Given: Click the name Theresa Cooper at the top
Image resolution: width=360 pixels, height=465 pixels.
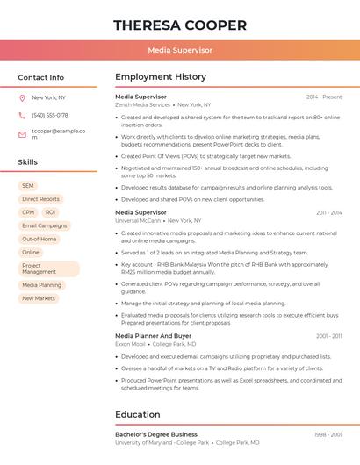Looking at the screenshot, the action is coord(180,25).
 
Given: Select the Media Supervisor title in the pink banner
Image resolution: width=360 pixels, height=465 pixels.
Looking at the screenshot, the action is coord(180,51).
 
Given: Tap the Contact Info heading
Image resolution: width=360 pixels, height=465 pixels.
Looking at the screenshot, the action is coord(41,77).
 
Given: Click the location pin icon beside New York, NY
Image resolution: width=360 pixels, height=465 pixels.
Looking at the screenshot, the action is coord(22,97).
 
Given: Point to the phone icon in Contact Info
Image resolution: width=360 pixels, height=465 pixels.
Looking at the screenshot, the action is coord(22,116).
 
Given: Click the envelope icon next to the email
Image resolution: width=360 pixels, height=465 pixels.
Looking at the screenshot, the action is coord(22,134).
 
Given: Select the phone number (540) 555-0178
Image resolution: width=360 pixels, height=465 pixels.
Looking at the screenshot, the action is coord(50,116).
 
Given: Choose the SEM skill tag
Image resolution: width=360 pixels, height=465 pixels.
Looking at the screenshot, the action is coord(28,186).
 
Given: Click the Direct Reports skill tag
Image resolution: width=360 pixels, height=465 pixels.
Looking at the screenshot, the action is coord(40,199).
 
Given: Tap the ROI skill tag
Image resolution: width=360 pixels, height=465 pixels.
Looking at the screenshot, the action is coord(50,212).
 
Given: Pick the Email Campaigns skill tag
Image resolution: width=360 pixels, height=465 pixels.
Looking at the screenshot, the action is coord(45,225).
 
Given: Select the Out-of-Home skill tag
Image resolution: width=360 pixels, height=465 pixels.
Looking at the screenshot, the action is coord(39,239).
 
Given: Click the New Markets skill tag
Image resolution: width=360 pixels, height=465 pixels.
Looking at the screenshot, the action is coord(39,298).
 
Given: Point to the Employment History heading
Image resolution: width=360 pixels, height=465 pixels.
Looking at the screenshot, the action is coord(161,77).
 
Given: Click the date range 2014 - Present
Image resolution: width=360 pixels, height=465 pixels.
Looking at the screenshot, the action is coord(324,97).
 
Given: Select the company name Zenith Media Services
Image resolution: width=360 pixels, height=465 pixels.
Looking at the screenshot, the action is coord(143,104).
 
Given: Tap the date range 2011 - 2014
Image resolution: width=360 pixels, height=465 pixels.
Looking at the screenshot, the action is coord(328,212).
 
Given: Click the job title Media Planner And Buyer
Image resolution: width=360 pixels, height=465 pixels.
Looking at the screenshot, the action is coord(153,336).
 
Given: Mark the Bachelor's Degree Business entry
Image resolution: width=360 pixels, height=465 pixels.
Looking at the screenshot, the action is coord(156,434).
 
